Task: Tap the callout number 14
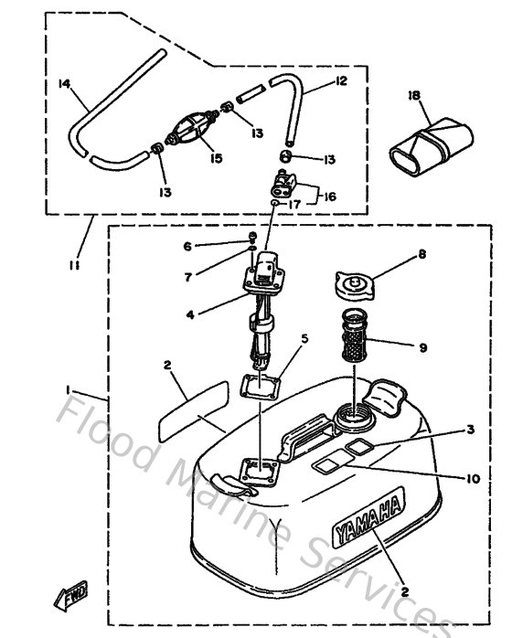pyautogui.click(x=64, y=84)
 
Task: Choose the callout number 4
pyautogui.click(x=190, y=314)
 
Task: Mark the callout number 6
pyautogui.click(x=187, y=246)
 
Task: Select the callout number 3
pyautogui.click(x=470, y=428)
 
